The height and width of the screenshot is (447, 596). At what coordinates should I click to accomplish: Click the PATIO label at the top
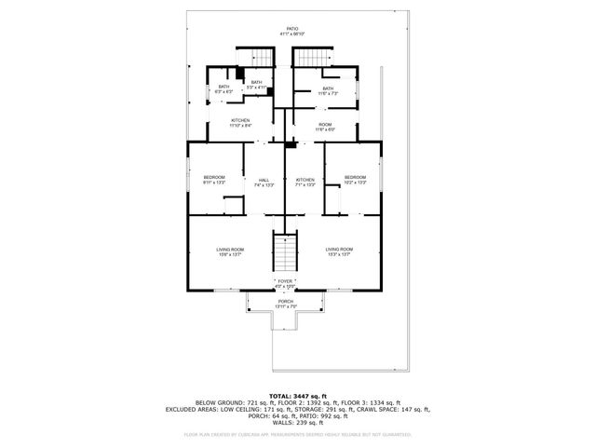click(292, 28)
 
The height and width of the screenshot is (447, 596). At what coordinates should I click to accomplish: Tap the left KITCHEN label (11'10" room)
click(241, 121)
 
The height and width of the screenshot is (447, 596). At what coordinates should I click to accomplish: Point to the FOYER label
click(285, 280)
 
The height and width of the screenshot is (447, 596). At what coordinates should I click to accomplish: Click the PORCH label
click(285, 302)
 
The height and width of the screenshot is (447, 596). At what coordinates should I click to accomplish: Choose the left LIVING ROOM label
click(230, 250)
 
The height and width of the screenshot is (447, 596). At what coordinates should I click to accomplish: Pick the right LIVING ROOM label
click(339, 250)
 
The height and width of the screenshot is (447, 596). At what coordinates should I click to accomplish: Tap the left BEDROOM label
click(215, 178)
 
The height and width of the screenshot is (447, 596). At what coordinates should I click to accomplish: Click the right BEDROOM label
click(355, 178)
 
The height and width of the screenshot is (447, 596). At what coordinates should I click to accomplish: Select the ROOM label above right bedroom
click(325, 124)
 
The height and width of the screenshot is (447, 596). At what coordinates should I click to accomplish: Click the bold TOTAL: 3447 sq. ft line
click(297, 396)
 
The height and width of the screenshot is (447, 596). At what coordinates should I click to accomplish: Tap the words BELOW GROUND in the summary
click(214, 402)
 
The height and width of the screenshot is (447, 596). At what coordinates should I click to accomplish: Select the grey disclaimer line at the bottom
click(297, 433)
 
